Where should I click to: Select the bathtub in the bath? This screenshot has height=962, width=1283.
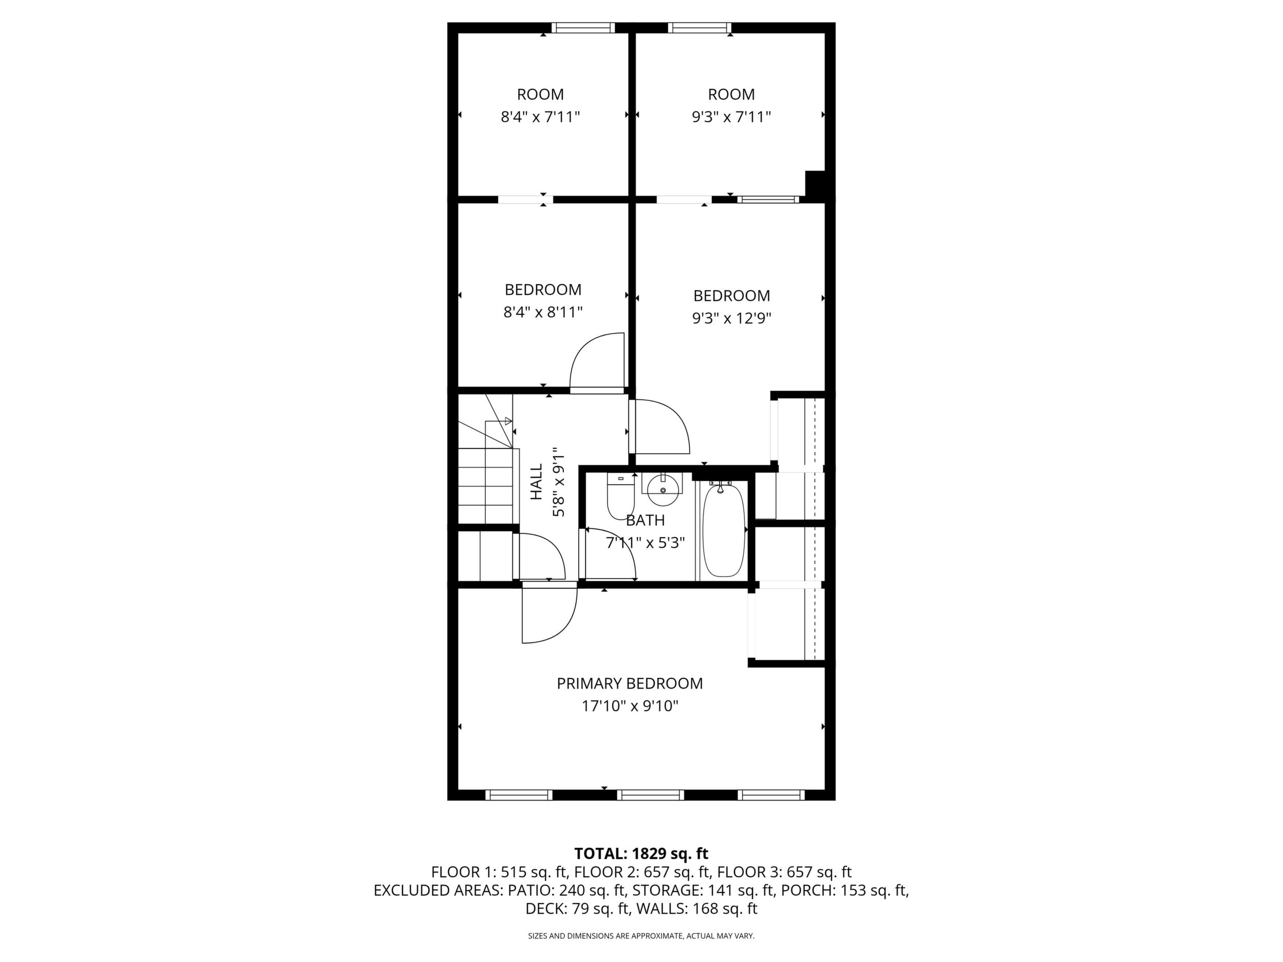pyautogui.click(x=723, y=529)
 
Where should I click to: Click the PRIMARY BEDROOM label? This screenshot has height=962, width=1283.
pyautogui.click(x=630, y=683)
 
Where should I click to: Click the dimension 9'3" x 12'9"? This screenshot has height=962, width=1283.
pyautogui.click(x=732, y=318)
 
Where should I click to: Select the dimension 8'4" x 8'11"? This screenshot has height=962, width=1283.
pyautogui.click(x=543, y=312)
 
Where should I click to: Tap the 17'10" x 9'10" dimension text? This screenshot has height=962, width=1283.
pyautogui.click(x=630, y=706)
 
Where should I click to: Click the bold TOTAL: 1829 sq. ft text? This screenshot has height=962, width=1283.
pyautogui.click(x=641, y=854)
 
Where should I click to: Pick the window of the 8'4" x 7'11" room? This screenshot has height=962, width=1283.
pyautogui.click(x=582, y=27)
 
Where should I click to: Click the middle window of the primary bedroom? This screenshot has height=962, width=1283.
pyautogui.click(x=651, y=794)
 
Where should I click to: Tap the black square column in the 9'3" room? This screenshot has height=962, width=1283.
pyautogui.click(x=816, y=184)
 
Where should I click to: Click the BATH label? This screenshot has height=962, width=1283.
pyautogui.click(x=645, y=521)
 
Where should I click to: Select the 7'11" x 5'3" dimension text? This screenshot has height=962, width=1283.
pyautogui.click(x=646, y=543)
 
